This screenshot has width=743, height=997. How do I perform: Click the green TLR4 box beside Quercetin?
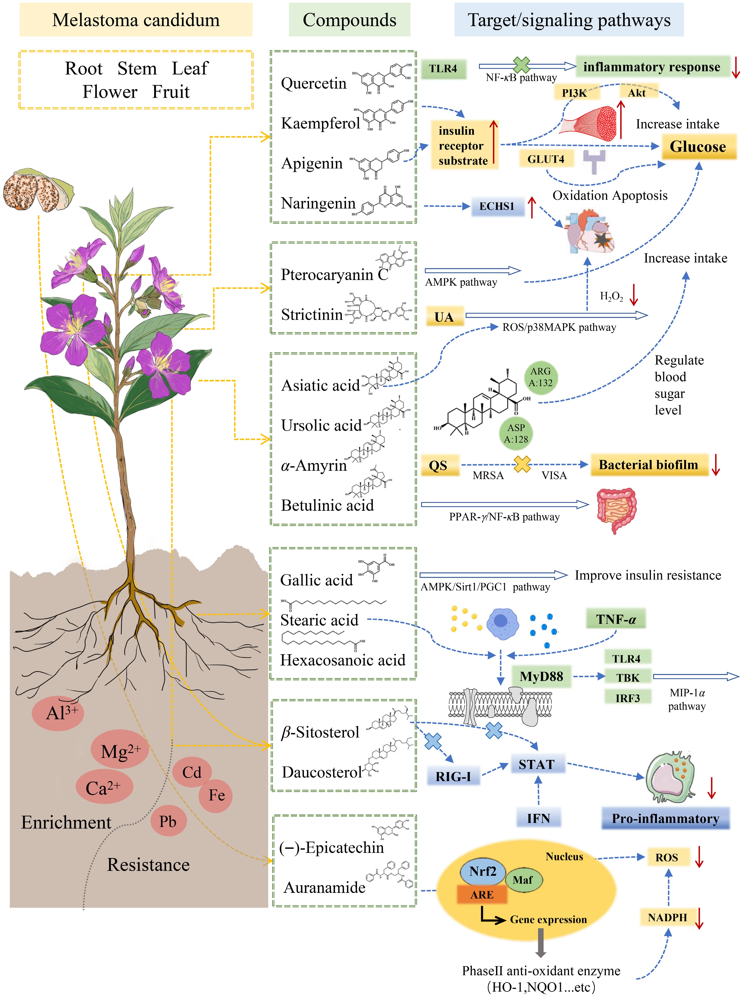click(x=443, y=69)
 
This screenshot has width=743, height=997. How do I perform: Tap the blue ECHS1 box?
click(x=497, y=207)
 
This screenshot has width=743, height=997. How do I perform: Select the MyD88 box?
click(x=541, y=677)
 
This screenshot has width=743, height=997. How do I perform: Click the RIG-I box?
click(x=453, y=776)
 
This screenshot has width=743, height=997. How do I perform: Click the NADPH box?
click(x=668, y=917)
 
